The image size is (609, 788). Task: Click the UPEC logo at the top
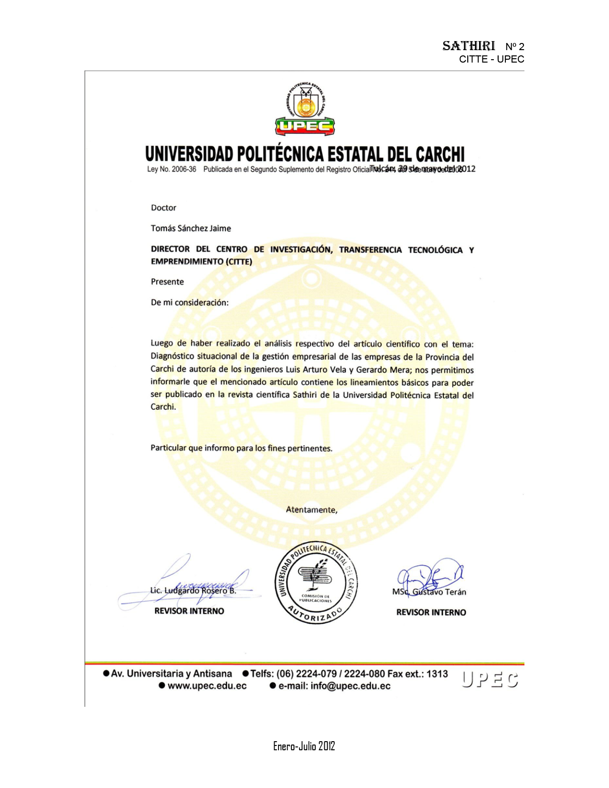click(x=305, y=109)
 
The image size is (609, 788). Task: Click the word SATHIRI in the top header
click(x=468, y=46)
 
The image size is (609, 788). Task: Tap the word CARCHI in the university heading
click(x=439, y=154)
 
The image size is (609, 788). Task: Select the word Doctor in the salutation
click(x=163, y=208)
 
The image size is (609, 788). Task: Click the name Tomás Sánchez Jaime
click(x=191, y=228)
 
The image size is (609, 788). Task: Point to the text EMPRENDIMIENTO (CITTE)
click(x=201, y=261)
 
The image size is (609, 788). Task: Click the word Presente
click(x=167, y=282)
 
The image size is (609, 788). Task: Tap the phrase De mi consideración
click(x=190, y=302)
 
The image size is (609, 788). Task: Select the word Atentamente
click(x=311, y=510)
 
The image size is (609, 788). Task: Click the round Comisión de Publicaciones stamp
click(x=316, y=584)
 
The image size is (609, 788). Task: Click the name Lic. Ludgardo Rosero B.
click(x=193, y=590)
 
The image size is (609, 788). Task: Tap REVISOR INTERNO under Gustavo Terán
click(x=431, y=612)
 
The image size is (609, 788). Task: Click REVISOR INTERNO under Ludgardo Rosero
click(x=189, y=611)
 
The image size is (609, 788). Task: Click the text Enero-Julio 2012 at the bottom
click(x=304, y=746)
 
